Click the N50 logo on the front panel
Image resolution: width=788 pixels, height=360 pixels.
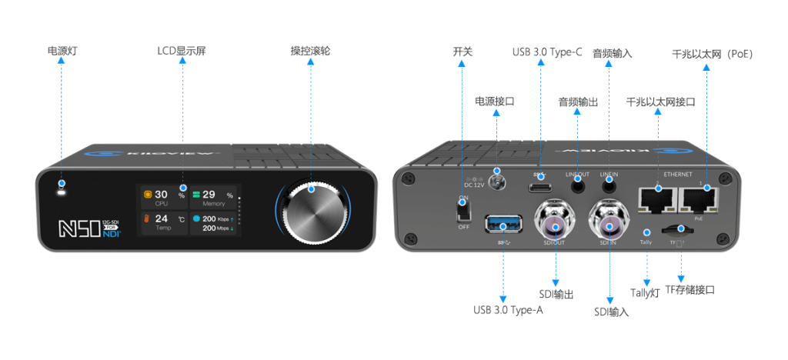(75, 228)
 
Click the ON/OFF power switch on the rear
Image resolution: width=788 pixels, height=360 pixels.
(464, 208)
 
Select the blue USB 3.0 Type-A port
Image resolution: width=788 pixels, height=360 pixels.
(503, 225)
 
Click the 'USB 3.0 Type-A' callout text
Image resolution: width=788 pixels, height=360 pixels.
(508, 311)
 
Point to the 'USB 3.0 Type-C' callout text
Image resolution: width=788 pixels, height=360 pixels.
(547, 53)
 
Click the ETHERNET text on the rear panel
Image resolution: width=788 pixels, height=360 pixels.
(678, 175)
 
